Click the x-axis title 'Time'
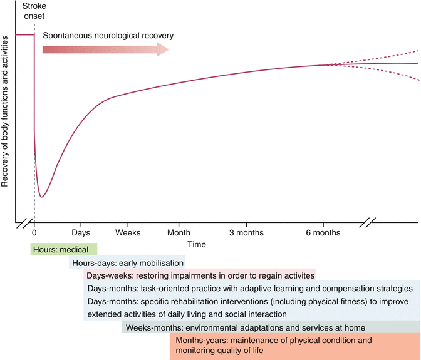(195, 244)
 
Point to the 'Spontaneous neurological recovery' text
(108, 35)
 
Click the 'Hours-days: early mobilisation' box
(127, 263)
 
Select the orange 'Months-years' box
(294, 346)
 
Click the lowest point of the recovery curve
(42, 197)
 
